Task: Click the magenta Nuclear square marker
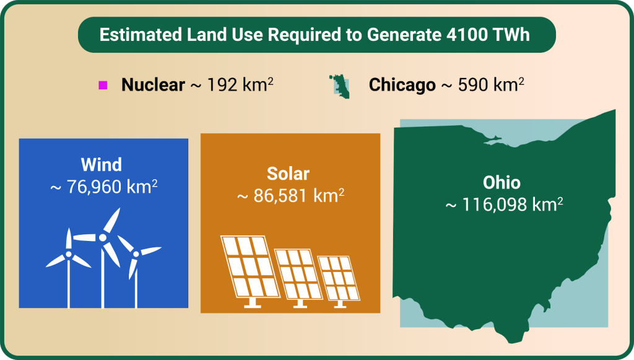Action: (x=103, y=85)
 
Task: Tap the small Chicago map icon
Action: (x=340, y=86)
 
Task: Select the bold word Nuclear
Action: (x=154, y=85)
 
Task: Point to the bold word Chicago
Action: (x=402, y=85)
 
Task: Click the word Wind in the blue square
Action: (x=101, y=165)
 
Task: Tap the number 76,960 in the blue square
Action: (x=94, y=187)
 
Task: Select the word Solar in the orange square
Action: (x=288, y=173)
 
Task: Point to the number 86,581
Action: (x=281, y=196)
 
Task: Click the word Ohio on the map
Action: (x=502, y=182)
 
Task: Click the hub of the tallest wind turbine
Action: (x=103, y=237)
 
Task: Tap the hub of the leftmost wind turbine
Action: (x=69, y=255)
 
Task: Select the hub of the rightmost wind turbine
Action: (x=136, y=254)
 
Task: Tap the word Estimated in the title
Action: (x=141, y=35)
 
